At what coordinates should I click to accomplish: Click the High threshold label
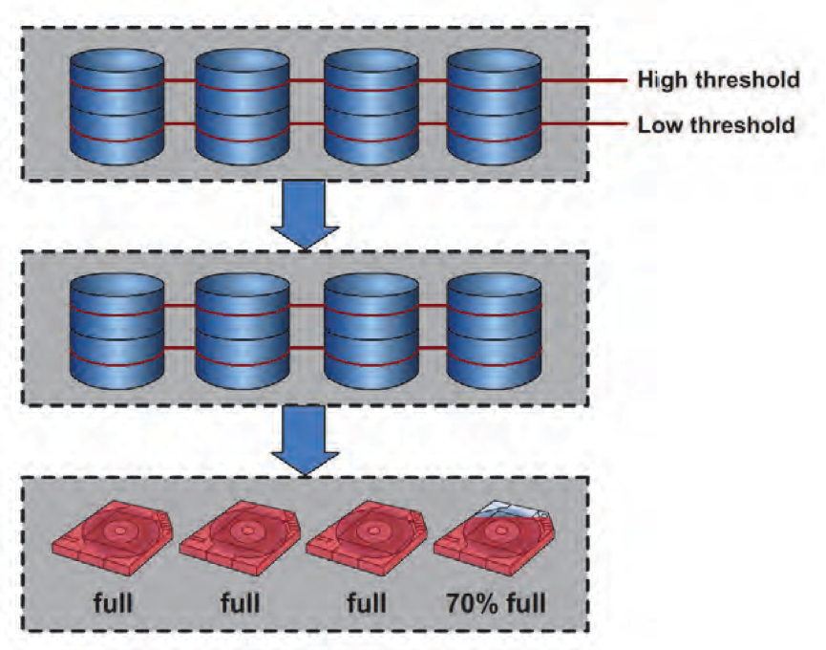(x=718, y=80)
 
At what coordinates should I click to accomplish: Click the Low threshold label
(x=716, y=125)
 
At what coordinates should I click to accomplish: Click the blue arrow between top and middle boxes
(x=305, y=219)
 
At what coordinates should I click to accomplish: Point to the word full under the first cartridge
(x=113, y=603)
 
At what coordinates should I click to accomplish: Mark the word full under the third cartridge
(x=367, y=603)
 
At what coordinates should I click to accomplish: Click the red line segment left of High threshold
(x=582, y=81)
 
